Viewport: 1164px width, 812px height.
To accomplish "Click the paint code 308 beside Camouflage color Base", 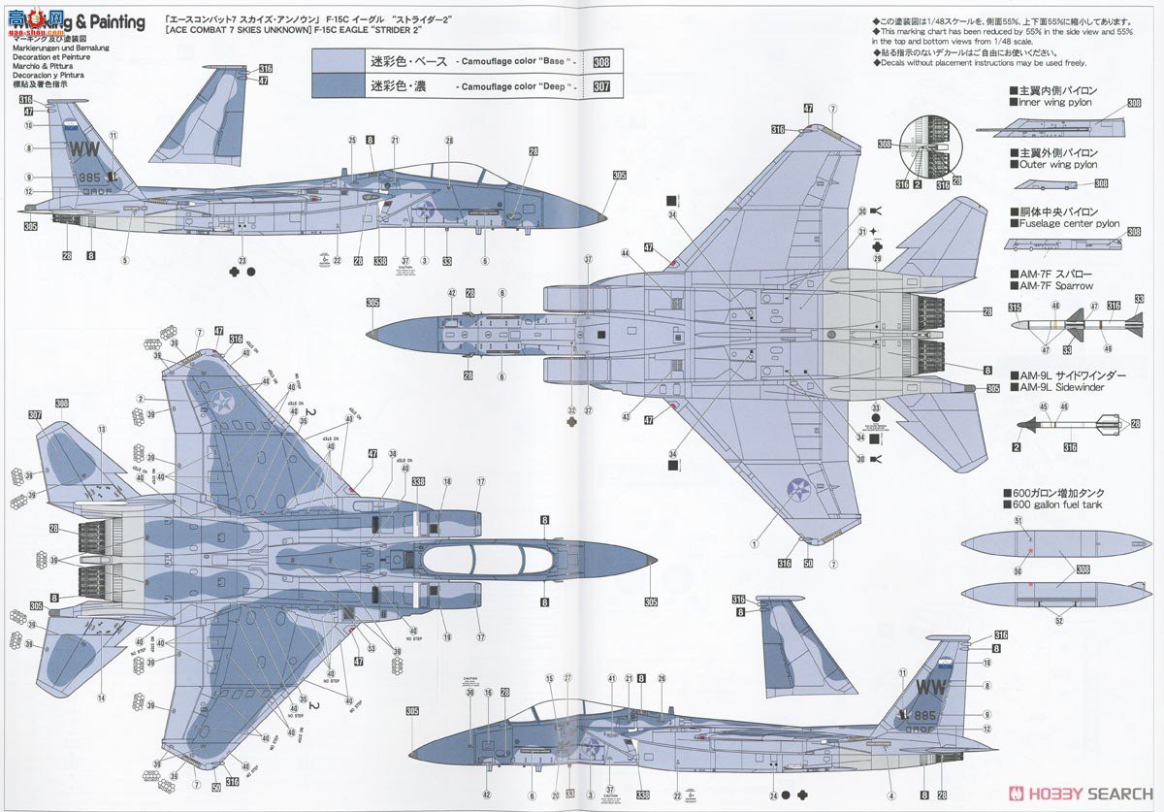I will [601, 61].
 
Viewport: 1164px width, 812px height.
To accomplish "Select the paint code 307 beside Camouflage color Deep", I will [601, 87].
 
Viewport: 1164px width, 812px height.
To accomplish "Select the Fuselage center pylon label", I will [1064, 224].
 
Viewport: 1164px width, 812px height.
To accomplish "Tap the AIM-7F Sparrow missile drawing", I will [1077, 323].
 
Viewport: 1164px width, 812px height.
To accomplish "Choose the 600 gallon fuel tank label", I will [1061, 505].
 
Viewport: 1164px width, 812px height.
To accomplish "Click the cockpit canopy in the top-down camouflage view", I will [485, 561].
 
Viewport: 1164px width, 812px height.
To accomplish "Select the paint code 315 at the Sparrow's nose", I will [1015, 308].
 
